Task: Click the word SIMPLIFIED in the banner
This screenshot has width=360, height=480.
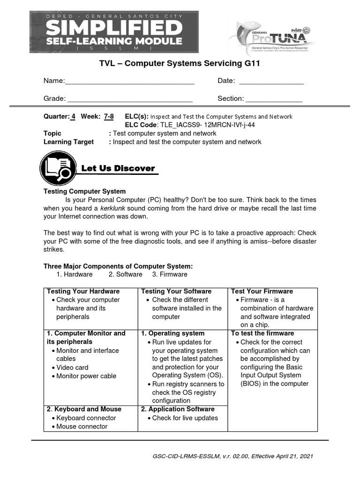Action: click(x=114, y=28)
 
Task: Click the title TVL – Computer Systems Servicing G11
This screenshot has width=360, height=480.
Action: click(x=180, y=63)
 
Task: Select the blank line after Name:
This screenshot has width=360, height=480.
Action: click(x=129, y=82)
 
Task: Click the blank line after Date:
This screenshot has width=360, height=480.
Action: click(x=271, y=82)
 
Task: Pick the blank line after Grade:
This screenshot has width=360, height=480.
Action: click(x=130, y=99)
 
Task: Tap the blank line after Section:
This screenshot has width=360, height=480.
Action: click(x=274, y=99)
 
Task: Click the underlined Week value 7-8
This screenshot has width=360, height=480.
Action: click(x=108, y=116)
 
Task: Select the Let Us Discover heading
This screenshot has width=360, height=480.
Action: click(x=118, y=169)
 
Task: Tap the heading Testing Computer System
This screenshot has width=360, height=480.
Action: click(x=84, y=191)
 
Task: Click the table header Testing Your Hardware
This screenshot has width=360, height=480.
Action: click(x=83, y=292)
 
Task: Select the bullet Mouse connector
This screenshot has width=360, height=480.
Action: click(x=82, y=427)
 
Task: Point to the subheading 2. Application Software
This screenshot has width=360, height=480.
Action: click(x=178, y=409)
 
